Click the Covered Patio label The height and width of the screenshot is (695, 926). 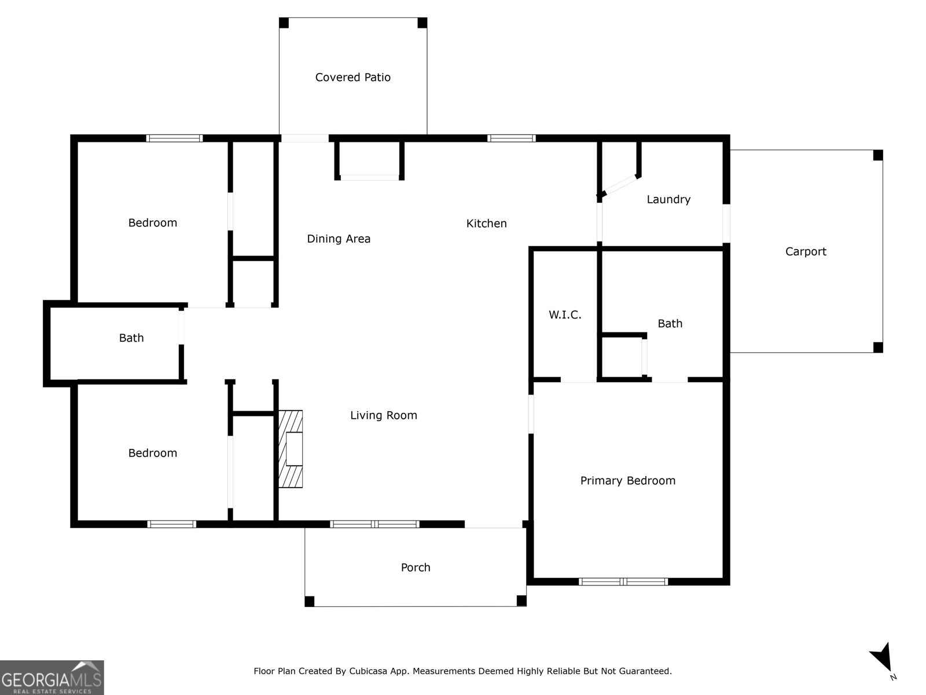352,77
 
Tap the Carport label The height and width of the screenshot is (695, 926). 806,251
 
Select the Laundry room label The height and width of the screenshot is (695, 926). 668,199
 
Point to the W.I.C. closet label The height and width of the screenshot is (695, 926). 565,314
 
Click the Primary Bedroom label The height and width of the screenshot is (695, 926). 628,481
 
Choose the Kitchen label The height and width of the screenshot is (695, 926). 486,223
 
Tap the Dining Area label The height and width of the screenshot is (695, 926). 339,239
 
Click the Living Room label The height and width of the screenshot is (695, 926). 384,415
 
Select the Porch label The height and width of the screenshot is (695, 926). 416,568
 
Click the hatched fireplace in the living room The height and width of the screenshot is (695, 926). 291,448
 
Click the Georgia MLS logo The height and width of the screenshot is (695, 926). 52,678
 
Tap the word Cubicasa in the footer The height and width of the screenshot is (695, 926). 368,671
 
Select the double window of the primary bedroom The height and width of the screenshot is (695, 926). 623,581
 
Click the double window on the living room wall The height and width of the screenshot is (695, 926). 374,524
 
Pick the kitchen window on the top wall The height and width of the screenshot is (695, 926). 511,138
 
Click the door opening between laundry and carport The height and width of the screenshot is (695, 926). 726,224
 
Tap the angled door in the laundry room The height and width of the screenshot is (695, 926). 619,186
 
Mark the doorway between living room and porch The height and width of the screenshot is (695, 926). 494,525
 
